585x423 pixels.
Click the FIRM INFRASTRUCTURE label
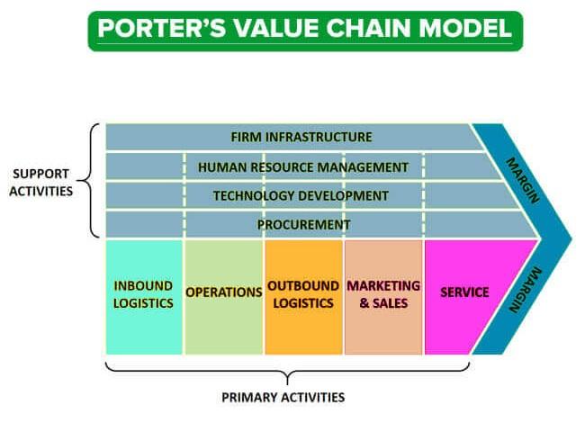[301, 138]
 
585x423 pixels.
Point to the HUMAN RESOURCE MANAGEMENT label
[303, 166]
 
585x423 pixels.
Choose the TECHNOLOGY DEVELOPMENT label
[301, 195]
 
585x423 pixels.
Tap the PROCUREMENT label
[303, 224]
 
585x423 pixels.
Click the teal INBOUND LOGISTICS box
[144, 295]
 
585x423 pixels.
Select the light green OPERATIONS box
[223, 295]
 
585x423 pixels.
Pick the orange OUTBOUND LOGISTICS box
[303, 295]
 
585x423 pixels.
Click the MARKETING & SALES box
[383, 295]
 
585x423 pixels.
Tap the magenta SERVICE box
[464, 292]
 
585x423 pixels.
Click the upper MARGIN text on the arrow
[525, 179]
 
